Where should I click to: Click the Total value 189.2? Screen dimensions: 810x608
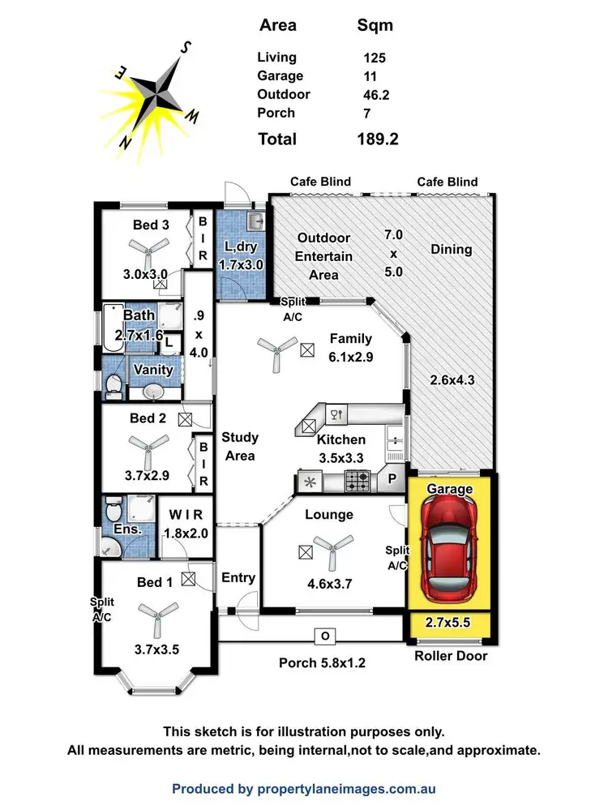click(x=378, y=139)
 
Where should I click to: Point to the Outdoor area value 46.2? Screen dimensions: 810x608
click(x=375, y=95)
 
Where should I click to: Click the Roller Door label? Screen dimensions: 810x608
click(x=451, y=655)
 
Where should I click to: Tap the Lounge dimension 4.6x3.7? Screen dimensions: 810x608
click(x=329, y=581)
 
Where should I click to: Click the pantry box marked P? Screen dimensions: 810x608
click(x=392, y=479)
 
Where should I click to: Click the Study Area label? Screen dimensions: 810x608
click(x=240, y=446)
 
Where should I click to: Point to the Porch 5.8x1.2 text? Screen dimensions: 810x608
click(x=322, y=662)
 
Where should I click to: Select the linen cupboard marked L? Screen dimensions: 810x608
click(x=169, y=342)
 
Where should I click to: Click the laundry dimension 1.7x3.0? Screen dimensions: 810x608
click(x=241, y=264)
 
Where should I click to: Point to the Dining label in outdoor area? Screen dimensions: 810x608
click(x=451, y=250)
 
